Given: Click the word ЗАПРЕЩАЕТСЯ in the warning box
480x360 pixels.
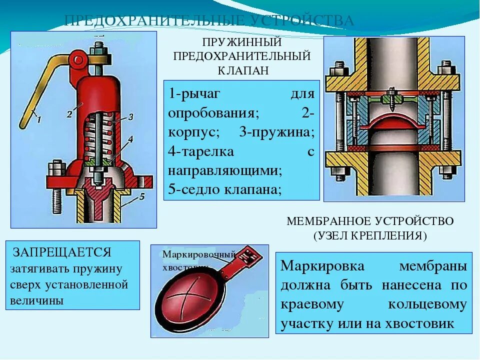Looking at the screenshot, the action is (x=62, y=251).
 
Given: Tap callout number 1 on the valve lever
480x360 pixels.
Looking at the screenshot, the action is (x=38, y=118).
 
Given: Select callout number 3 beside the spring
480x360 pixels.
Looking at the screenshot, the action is (x=130, y=117).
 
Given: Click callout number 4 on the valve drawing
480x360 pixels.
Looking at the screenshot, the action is (x=130, y=139).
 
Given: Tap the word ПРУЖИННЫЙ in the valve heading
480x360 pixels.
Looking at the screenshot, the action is (x=242, y=42).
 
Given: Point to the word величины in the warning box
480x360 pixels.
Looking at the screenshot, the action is (x=36, y=301).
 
